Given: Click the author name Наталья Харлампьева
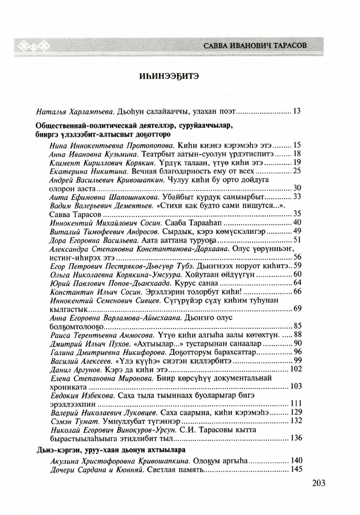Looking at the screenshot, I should (77, 111).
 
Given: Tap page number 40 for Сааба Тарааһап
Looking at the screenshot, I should (297, 222).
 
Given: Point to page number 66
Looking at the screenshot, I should (297, 291).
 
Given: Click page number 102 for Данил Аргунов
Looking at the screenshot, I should (295, 369).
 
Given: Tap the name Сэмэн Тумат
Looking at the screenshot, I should (71, 420).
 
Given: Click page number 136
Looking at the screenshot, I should (295, 438).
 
